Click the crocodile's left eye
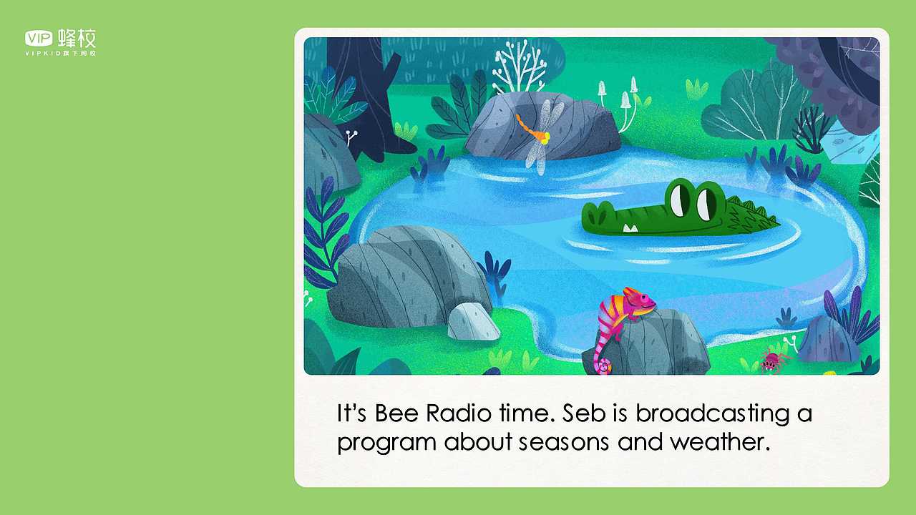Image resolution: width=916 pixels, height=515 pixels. (680, 200)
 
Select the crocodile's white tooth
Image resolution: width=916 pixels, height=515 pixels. (630, 228)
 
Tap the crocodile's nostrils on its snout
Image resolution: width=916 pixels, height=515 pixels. (597, 214)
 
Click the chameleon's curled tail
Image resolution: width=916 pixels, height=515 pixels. (603, 365)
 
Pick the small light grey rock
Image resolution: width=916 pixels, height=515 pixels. (473, 322)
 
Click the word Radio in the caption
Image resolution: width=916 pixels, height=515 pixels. (459, 413)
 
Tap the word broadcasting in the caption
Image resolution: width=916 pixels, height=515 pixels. (712, 414)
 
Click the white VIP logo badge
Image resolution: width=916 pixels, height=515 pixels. (39, 39)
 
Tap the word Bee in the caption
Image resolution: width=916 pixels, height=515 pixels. (396, 413)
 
